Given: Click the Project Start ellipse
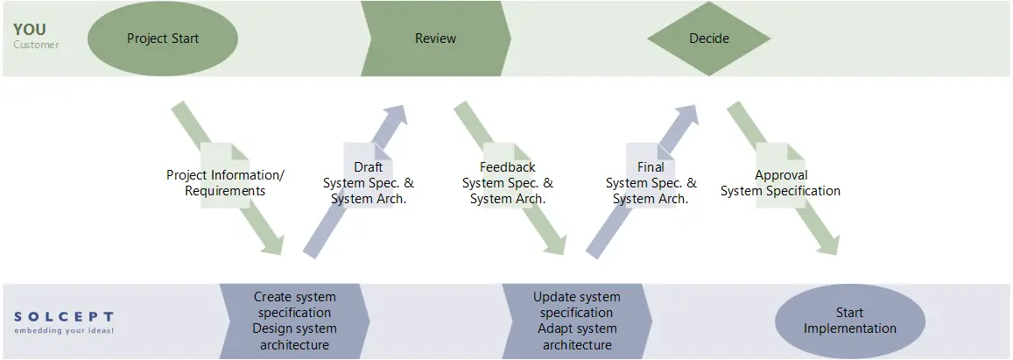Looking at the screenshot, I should pos(163,39).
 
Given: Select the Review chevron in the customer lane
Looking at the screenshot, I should pos(435,39).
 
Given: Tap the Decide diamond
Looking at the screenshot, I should pos(708,39).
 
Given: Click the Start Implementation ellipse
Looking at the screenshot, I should pos(849,321).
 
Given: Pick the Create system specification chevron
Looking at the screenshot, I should pos(293,321).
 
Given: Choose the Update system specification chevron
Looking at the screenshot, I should pos(577,321).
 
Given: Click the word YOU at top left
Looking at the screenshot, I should pos(30,30).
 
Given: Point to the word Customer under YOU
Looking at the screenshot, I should pos(36,45).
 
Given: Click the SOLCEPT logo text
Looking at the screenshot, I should pos(64,316).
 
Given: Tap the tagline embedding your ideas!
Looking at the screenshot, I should pos(64,331).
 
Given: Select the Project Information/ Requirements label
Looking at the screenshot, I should pos(225,183).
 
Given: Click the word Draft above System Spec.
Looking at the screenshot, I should pos(368,167).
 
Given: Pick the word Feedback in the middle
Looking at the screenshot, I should pos(508,167).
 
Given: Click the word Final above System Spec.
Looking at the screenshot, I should pos(651,167).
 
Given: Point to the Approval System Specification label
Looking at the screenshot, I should pos(780,183).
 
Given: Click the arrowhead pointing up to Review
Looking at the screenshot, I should pos(395,116).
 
